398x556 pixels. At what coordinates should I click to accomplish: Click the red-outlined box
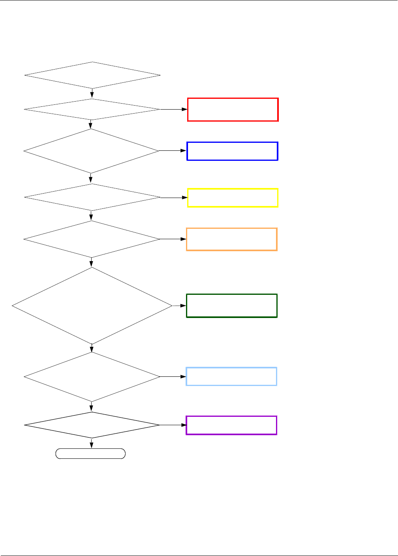pos(233,110)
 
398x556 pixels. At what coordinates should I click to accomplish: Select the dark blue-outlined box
pos(232,151)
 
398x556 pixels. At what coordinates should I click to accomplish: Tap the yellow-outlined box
pos(233,198)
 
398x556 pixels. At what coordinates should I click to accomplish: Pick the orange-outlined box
pos(232,239)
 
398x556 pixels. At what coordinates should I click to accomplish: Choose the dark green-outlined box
pos(232,306)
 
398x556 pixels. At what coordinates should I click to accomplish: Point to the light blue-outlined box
pos(231,376)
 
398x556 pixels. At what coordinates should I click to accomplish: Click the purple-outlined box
pos(231,425)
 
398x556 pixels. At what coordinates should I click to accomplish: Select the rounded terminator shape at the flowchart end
pos(90,454)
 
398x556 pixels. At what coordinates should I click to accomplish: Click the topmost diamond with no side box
pos(92,75)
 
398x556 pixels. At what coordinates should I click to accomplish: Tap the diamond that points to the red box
pos(92,109)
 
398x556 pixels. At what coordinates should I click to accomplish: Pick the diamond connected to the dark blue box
pos(91,151)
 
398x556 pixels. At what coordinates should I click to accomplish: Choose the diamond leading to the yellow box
pos(92,197)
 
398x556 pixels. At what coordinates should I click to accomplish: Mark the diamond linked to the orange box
pos(92,239)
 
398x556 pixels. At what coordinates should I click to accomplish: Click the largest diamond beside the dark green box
pos(92,306)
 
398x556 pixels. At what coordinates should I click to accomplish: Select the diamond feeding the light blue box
pos(92,376)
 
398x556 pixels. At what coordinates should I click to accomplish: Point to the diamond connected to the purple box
pos(92,425)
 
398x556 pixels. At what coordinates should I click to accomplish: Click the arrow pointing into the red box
pos(174,109)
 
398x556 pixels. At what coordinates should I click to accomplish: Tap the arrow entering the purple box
pos(173,425)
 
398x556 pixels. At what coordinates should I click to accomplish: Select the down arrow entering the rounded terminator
pos(92,444)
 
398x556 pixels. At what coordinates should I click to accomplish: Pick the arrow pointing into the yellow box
pos(174,197)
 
